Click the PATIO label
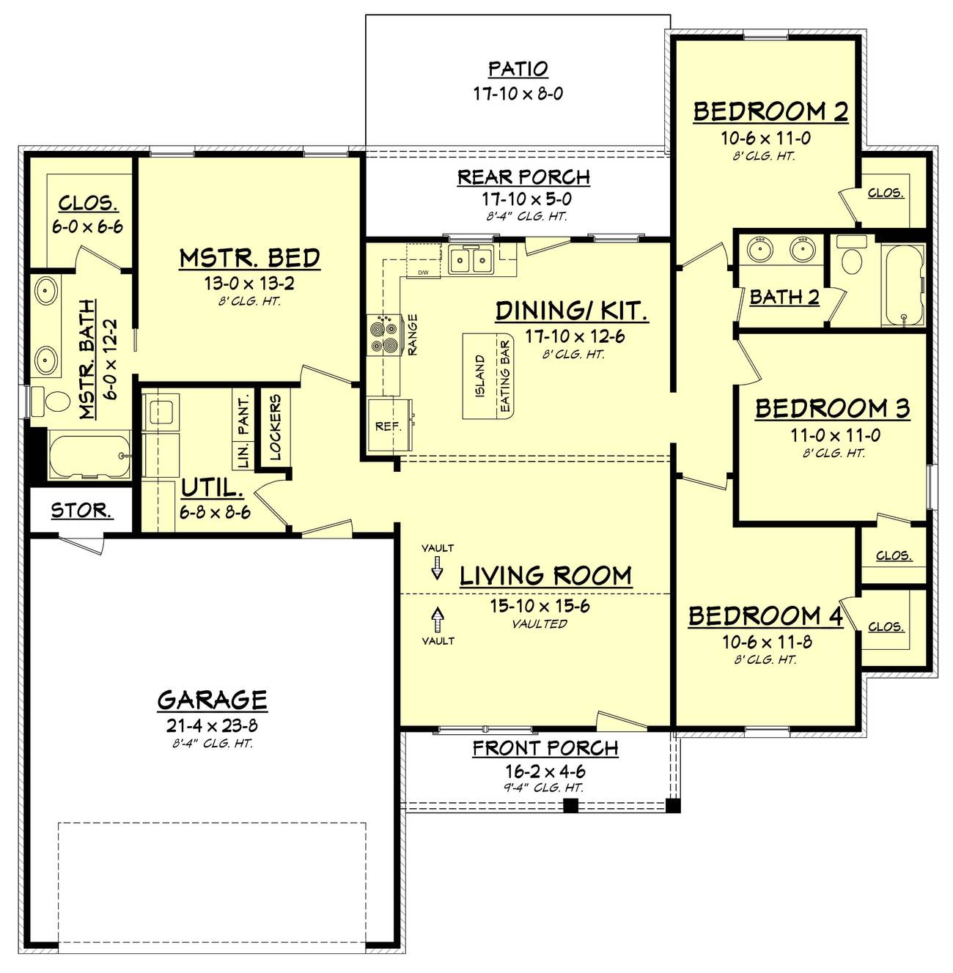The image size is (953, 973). click(518, 69)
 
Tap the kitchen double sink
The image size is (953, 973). click(470, 260)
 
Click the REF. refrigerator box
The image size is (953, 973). click(389, 424)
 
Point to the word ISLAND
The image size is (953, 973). click(480, 376)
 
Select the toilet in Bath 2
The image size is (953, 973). click(852, 256)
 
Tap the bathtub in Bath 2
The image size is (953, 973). click(903, 285)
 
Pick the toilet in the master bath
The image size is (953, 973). click(51, 402)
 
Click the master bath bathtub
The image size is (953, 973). click(89, 454)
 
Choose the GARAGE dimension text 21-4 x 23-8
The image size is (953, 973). click(212, 725)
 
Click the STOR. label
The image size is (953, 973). click(82, 511)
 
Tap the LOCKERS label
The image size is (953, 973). click(275, 427)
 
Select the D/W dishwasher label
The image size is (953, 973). click(423, 273)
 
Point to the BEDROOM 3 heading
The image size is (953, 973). click(832, 409)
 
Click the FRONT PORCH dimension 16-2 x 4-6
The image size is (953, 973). click(545, 771)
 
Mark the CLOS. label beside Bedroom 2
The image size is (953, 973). click(886, 193)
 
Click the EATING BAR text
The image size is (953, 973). click(505, 376)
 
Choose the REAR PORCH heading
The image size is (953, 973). click(524, 177)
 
